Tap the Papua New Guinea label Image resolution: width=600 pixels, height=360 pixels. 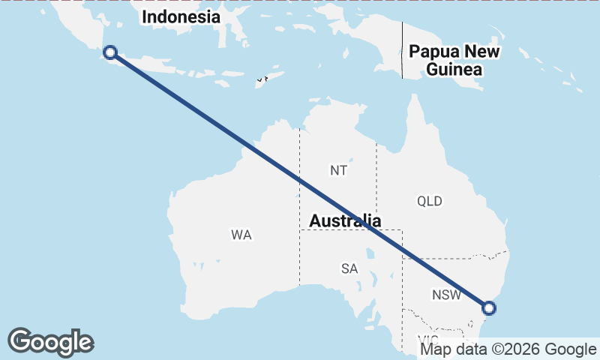pyautogui.click(x=454, y=61)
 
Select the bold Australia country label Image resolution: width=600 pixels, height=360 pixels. pyautogui.click(x=346, y=220)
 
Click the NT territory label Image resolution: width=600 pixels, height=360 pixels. pyautogui.click(x=338, y=170)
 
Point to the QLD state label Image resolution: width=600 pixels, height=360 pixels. pyautogui.click(x=430, y=201)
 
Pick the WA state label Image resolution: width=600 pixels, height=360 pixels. pyautogui.click(x=241, y=235)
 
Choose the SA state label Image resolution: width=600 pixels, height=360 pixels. pyautogui.click(x=349, y=268)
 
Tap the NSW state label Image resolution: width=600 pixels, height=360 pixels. pyautogui.click(x=446, y=295)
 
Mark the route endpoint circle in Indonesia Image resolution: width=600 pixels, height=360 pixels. pyautogui.click(x=110, y=52)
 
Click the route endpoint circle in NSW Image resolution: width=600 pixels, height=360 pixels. pyautogui.click(x=489, y=307)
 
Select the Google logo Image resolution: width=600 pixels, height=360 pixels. pyautogui.click(x=50, y=342)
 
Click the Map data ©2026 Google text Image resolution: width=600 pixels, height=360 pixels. pyautogui.click(x=508, y=349)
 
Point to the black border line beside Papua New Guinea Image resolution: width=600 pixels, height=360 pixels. pyautogui.click(x=402, y=49)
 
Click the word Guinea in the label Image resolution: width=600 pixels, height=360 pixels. pyautogui.click(x=454, y=70)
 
